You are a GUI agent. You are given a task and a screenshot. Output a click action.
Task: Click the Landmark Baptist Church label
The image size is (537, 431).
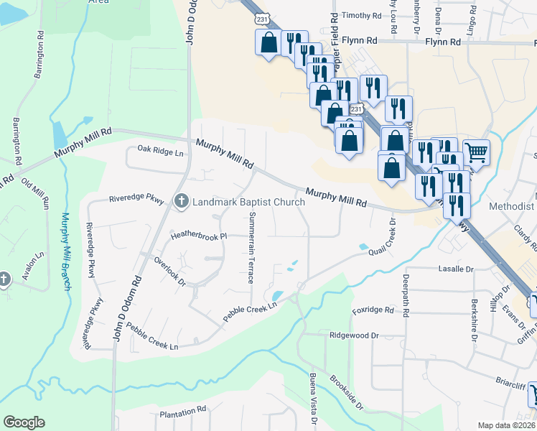[x=248, y=202]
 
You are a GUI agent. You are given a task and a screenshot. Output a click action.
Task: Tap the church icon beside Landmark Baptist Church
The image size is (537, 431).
[x=182, y=202]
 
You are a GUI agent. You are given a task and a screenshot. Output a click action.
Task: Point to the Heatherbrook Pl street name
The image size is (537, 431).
[x=198, y=236]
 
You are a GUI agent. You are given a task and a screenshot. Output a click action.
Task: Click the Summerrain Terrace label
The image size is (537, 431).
[x=251, y=248]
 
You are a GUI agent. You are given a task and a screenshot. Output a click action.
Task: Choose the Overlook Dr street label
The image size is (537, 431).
[x=169, y=272]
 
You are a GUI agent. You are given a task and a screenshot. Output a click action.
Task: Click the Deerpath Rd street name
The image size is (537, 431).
[x=406, y=291]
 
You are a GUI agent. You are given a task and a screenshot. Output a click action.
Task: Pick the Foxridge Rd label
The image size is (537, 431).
[x=373, y=310]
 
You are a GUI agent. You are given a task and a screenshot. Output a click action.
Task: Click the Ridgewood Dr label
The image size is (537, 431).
[x=354, y=335]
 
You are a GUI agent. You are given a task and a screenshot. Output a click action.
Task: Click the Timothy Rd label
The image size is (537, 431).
[x=362, y=15]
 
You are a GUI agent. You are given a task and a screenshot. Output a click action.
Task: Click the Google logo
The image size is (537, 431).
[x=24, y=422]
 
